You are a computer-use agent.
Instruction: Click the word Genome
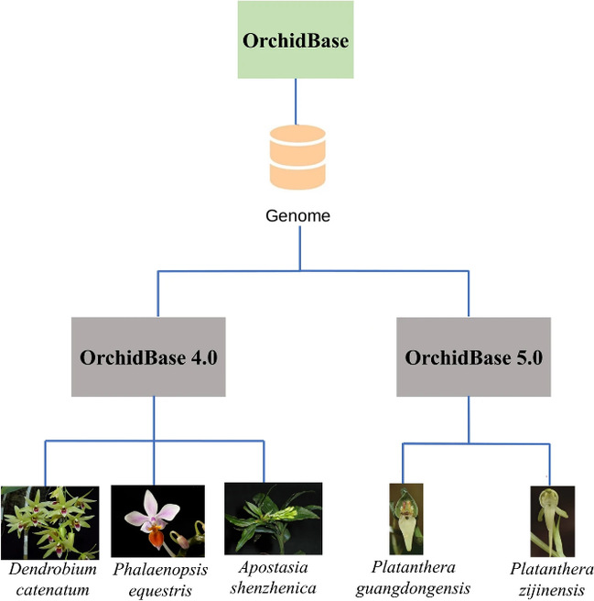coord(297,217)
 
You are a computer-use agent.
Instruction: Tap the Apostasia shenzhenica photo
coord(273,518)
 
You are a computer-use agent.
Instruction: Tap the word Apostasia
coord(273,569)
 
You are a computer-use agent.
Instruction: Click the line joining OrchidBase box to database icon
coord(297,100)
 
